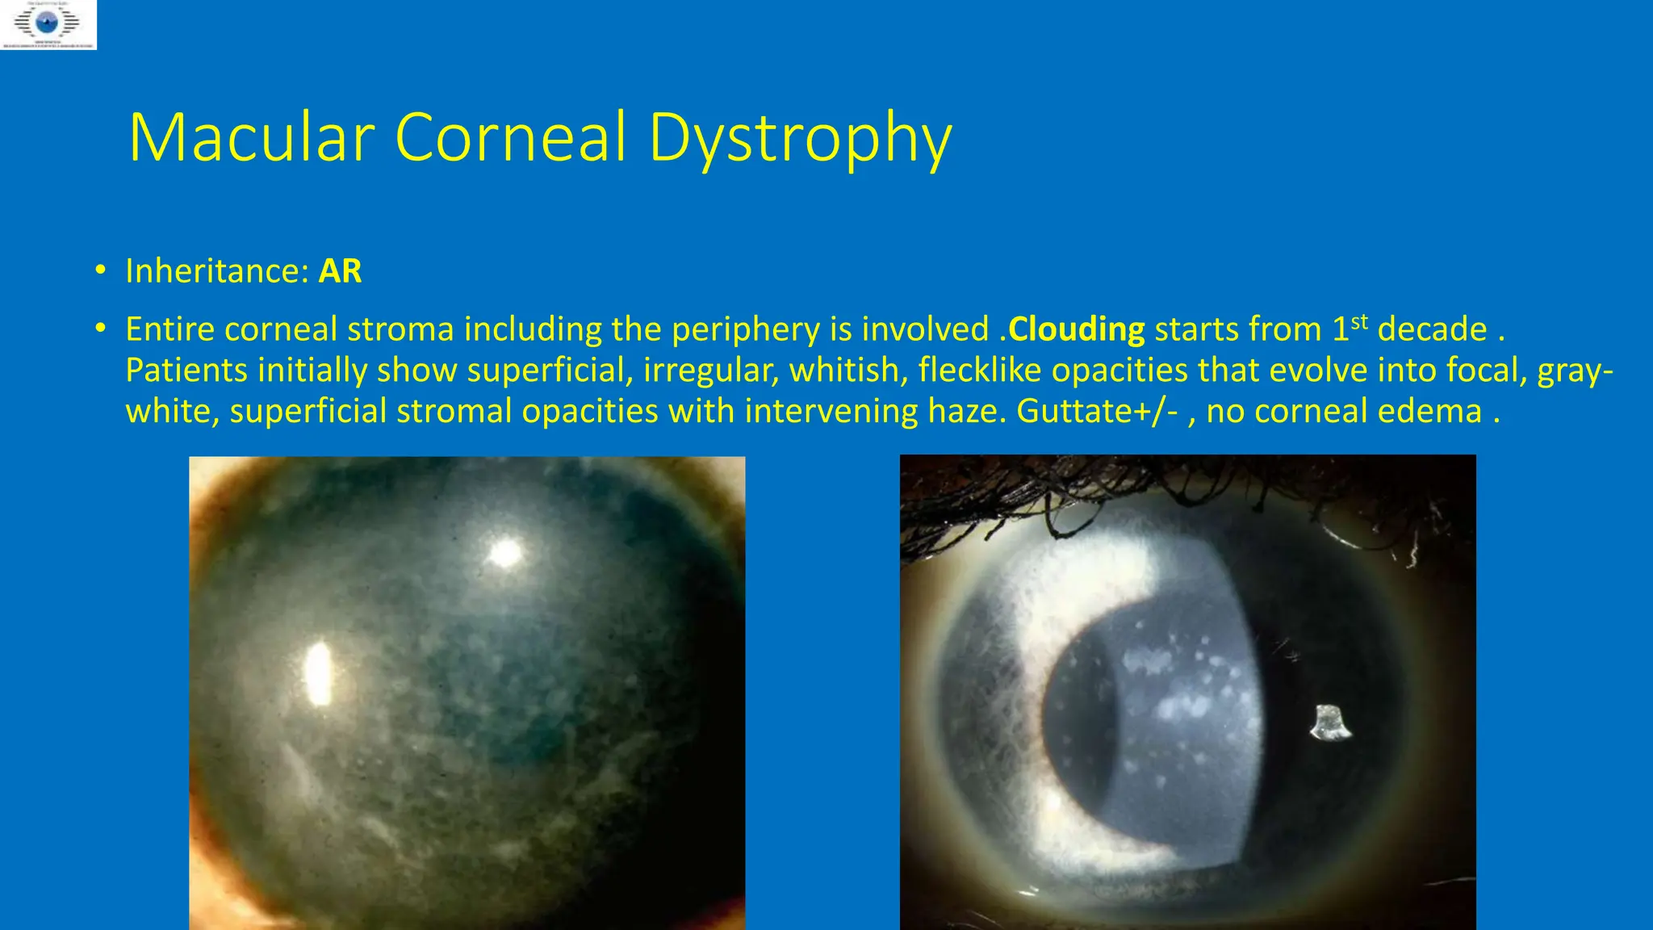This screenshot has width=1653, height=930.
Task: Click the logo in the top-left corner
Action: click(x=48, y=25)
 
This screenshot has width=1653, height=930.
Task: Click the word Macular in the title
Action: click(x=251, y=137)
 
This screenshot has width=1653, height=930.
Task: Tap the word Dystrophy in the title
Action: click(x=800, y=139)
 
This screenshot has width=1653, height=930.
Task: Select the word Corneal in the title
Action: click(x=510, y=137)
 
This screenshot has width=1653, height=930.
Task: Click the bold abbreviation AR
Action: click(x=340, y=271)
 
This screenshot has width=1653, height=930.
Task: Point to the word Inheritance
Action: click(x=217, y=271)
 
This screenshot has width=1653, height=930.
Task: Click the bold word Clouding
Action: click(x=1076, y=329)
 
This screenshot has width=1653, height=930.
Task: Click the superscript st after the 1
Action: click(x=1359, y=322)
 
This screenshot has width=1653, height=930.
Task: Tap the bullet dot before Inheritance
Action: click(x=100, y=270)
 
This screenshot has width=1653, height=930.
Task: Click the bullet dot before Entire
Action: click(x=100, y=329)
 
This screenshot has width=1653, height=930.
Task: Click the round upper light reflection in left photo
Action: click(x=506, y=553)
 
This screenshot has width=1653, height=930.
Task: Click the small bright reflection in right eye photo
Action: click(x=1329, y=723)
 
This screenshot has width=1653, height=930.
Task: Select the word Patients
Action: click(x=186, y=371)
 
